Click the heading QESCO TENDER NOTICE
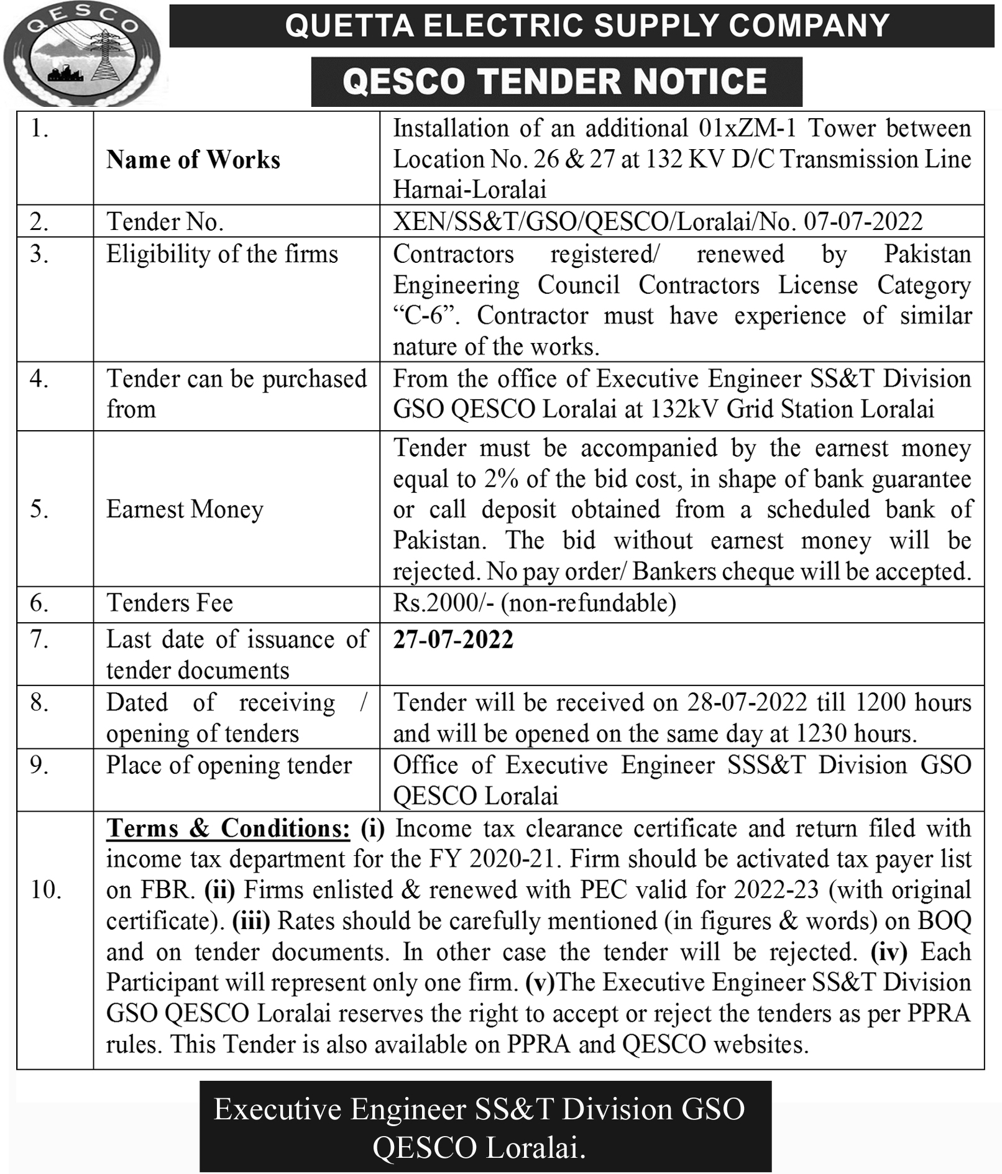point(556,82)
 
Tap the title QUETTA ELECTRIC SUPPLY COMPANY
point(587,26)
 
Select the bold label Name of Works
point(193,160)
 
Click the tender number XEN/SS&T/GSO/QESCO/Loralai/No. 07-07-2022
point(658,221)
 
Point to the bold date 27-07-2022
point(453,640)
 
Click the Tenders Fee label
point(170,603)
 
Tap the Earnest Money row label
point(185,509)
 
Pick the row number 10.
point(46,890)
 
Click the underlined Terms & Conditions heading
point(228,828)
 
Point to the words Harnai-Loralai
point(469,190)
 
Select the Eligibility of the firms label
point(222,254)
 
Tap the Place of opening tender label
point(229,765)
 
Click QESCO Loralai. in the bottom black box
point(479,1147)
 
